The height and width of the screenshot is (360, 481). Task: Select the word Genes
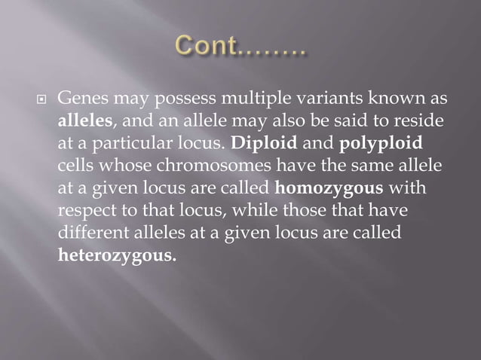coord(81,99)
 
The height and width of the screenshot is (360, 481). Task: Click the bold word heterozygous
coord(118,255)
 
